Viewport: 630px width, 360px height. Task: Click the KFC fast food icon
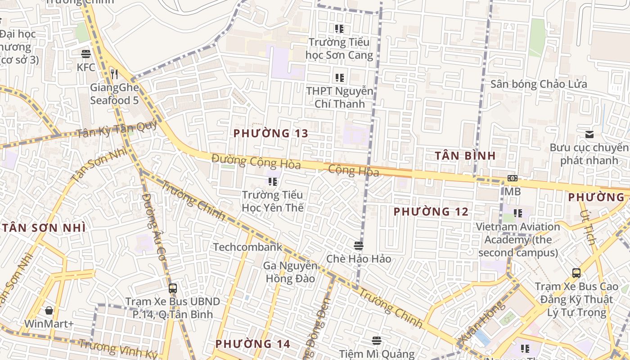86,54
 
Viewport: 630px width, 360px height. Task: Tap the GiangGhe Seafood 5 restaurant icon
114,74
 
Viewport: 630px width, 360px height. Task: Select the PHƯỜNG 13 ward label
271,133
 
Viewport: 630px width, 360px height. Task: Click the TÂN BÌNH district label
465,156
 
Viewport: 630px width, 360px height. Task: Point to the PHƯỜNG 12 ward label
431,211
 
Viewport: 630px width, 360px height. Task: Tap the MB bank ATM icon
512,178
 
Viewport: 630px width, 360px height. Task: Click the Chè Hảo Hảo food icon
359,246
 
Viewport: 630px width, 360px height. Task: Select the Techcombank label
247,247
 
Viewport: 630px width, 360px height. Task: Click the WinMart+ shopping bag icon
49,310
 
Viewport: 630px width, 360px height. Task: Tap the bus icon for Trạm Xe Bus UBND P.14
172,288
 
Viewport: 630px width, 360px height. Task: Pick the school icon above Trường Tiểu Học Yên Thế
273,182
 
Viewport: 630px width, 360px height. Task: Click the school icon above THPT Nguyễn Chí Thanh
340,78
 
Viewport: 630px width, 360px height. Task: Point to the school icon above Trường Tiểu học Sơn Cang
339,29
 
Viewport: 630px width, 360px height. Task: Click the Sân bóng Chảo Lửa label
539,84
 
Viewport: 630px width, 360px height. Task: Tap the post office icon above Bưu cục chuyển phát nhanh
589,135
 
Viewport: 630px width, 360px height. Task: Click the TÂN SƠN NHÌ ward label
44,228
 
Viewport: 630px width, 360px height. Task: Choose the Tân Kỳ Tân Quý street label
116,130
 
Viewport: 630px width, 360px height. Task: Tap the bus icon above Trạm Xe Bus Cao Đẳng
576,273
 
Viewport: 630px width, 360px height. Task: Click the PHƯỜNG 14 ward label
252,344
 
